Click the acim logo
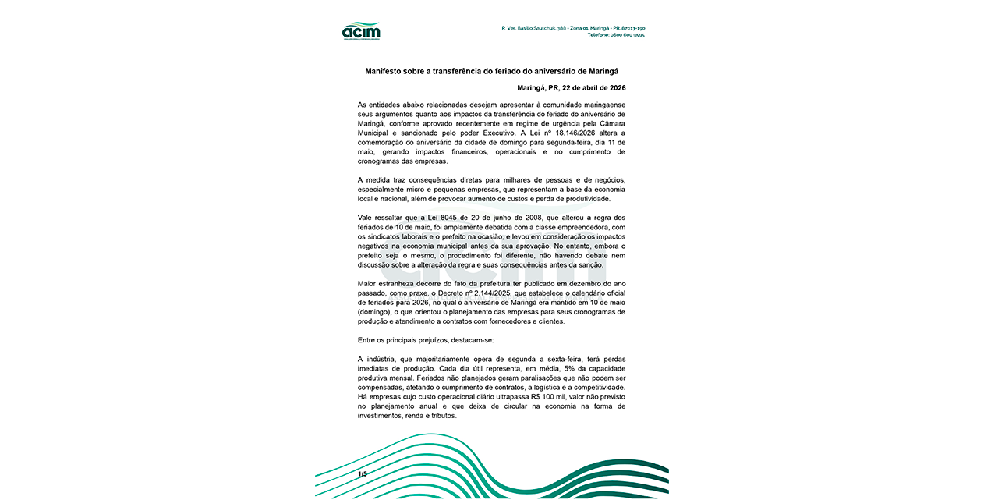[361, 31]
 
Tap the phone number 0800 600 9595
[628, 35]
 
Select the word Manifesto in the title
[385, 71]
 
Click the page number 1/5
[363, 474]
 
